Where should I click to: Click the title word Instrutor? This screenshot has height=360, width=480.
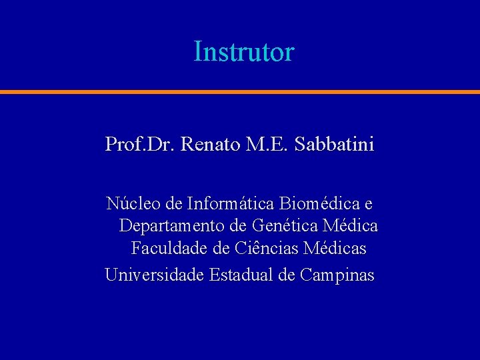point(243,51)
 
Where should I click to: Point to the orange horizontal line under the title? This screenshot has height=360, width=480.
point(240,91)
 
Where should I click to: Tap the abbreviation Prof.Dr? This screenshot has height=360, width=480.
point(139,143)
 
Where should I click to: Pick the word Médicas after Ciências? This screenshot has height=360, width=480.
point(335,249)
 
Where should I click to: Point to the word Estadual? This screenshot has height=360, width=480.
point(242,274)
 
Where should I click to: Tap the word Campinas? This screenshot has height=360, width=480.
point(337,275)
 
